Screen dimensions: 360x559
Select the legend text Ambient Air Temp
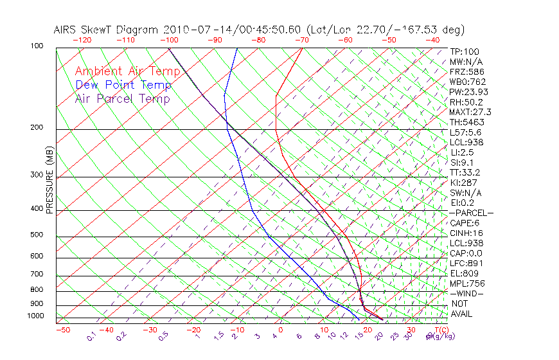tap(123, 71)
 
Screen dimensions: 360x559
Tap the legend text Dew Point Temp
tap(123, 85)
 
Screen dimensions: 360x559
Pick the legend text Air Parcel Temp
tap(123, 99)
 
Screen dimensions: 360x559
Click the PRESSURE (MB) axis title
tap(50, 181)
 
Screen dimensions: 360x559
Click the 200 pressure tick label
tap(36, 128)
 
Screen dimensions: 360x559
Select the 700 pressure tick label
tap(36, 275)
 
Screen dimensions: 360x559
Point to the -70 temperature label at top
tap(301, 40)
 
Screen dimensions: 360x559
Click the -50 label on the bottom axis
tap(62, 330)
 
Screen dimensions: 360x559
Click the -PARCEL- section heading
tap(472, 213)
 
